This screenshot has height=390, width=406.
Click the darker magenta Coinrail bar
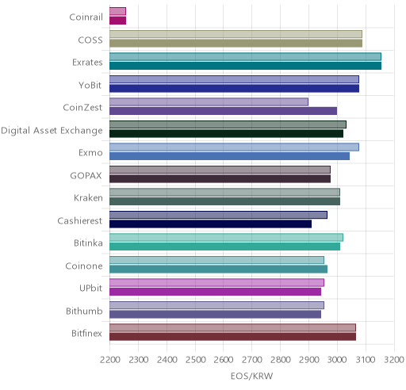coord(117,21)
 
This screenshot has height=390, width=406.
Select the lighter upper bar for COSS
coord(236,34)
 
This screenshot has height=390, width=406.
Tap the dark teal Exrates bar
coord(245,66)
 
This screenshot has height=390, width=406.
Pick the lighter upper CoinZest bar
coord(209,101)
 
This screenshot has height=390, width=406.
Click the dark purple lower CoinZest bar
coord(223,111)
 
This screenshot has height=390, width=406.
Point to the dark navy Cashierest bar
coord(210,224)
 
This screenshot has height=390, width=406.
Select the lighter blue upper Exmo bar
coord(234,147)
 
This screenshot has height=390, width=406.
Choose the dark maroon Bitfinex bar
coord(232,337)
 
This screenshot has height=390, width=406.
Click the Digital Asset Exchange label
coord(52,131)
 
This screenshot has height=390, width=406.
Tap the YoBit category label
coord(90,85)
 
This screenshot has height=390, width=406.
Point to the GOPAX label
coord(86,175)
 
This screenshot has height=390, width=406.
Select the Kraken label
coord(88,197)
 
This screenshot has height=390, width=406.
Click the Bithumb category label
coord(84,311)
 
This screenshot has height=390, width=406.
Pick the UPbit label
coord(90,288)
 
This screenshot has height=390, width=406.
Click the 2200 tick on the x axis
coord(110,360)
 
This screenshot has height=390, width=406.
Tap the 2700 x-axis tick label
coord(252,360)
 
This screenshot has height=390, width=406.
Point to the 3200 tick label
coord(394,360)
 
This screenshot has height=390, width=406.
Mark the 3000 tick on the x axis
coord(337,360)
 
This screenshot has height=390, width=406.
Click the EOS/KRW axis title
coord(251,376)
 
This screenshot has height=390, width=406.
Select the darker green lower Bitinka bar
coord(224,247)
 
